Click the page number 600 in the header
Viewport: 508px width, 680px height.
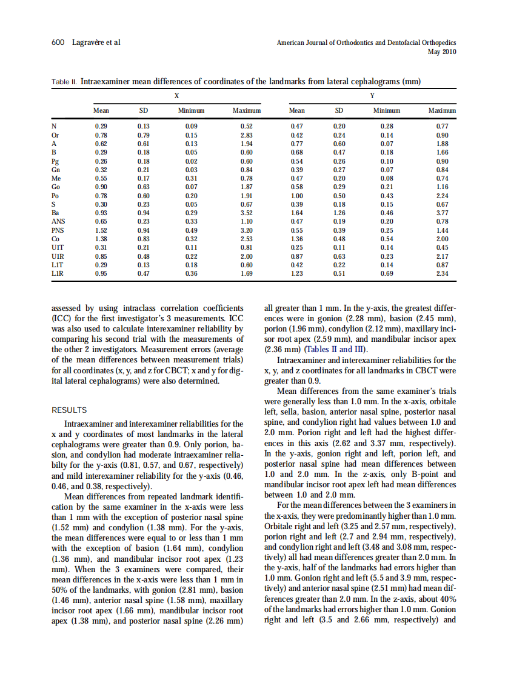(57, 42)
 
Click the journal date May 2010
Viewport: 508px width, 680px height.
(443, 52)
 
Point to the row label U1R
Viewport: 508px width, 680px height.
(58, 256)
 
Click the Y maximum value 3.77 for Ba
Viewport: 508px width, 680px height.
(442, 213)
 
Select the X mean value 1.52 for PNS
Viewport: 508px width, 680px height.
(101, 231)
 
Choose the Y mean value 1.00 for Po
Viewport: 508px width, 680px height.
(296, 196)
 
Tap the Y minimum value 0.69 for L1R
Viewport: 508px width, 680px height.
(386, 274)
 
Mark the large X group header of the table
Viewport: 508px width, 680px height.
(176, 95)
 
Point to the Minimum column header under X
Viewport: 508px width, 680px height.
(191, 111)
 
